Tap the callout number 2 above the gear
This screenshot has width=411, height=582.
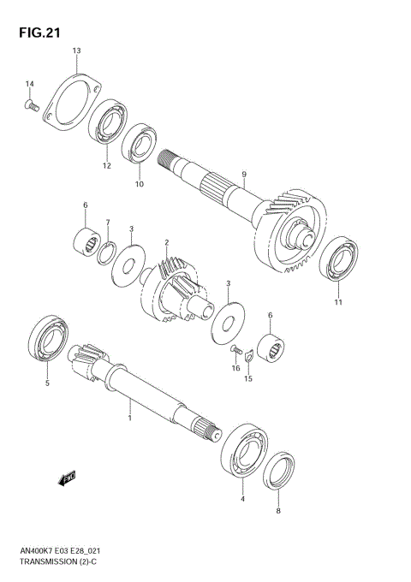pos(167,243)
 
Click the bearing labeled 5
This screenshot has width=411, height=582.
pos(46,341)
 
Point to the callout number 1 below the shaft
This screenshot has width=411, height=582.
pos(129,419)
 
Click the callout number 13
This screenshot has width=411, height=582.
pos(76,51)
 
